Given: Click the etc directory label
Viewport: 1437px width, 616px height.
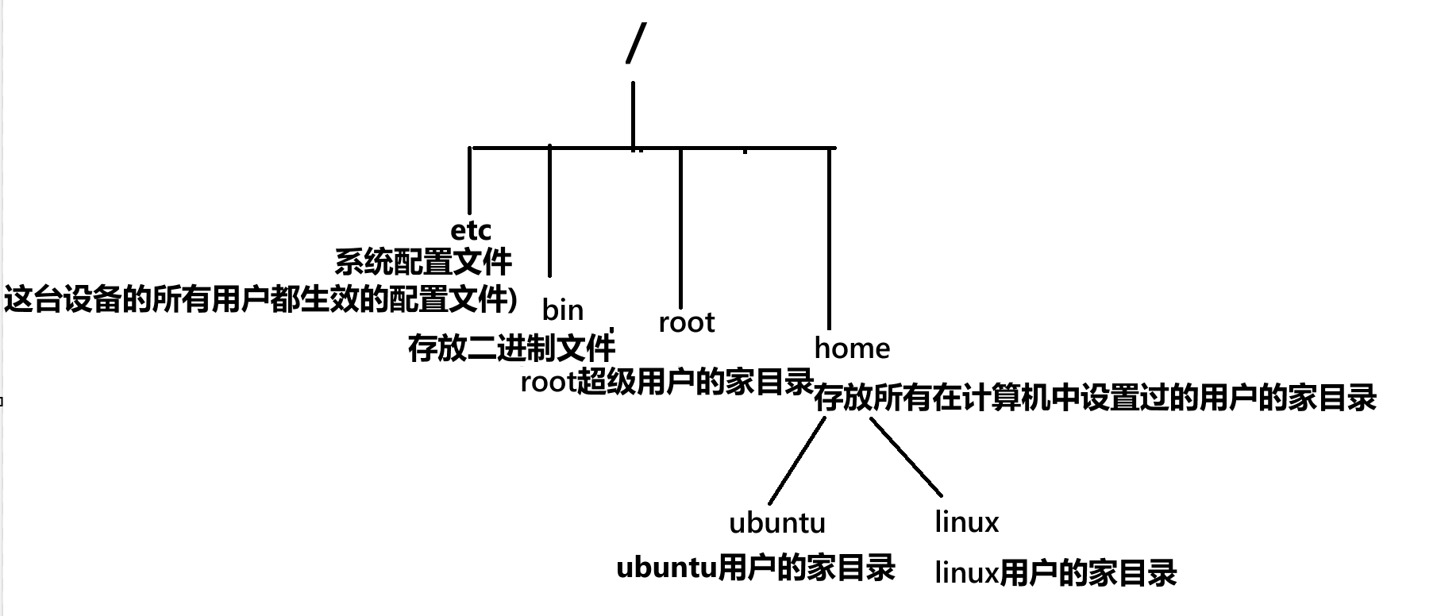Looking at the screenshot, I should click(471, 230).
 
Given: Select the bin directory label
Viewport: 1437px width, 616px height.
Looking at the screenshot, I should click(563, 310).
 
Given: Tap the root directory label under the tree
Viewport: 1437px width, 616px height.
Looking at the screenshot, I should click(687, 322).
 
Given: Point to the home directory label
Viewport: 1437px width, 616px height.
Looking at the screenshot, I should click(852, 348).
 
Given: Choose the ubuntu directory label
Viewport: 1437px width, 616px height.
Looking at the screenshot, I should click(777, 522).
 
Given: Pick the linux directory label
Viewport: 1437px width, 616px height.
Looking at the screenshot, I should click(966, 522).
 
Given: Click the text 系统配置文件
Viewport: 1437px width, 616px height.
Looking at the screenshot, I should click(423, 261).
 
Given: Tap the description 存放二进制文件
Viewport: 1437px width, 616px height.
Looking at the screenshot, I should click(511, 348).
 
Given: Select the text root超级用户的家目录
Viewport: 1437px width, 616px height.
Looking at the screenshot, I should click(667, 382).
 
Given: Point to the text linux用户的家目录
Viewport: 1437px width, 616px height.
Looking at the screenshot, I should click(1055, 572).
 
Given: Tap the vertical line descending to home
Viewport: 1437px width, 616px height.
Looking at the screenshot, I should click(830, 238).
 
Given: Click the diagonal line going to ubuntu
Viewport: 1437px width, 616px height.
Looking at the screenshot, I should click(796, 460).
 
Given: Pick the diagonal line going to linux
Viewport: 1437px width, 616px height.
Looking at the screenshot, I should click(906, 456).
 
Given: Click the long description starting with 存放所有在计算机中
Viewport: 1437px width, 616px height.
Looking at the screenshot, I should click(1095, 398).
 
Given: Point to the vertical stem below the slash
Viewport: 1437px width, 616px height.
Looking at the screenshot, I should click(633, 115).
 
